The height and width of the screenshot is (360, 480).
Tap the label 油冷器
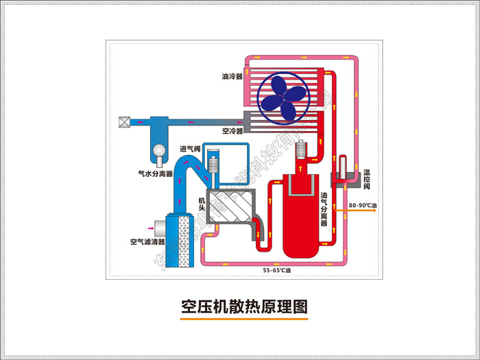232,77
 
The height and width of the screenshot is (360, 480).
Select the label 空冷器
232,130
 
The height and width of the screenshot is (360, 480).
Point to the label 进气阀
190,149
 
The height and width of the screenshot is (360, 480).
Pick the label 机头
202,204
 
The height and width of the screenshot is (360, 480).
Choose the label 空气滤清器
147,241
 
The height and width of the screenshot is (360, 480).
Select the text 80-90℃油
362,204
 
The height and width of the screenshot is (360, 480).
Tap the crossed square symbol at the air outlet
125,122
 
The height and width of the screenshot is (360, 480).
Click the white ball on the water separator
160,149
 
